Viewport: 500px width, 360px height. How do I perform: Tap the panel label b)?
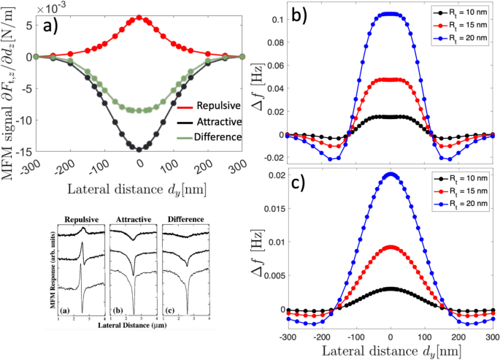(300, 15)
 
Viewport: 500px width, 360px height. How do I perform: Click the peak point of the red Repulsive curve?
(139, 19)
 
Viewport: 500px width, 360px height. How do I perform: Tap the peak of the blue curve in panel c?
(391, 175)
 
